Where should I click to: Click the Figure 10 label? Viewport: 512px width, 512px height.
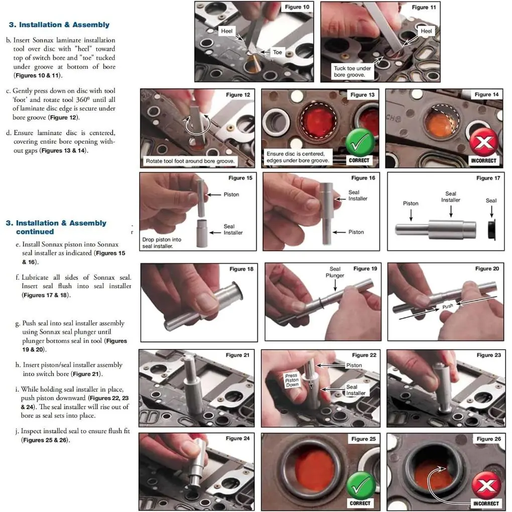[x=297, y=7]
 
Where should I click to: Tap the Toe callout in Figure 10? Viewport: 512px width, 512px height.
[x=277, y=52]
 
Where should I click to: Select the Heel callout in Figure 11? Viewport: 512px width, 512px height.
[x=426, y=31]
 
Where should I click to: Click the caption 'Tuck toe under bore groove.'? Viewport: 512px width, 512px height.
[x=352, y=71]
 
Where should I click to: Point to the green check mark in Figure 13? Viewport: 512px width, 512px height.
[x=360, y=143]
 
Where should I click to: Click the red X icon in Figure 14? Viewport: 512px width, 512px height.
[x=484, y=142]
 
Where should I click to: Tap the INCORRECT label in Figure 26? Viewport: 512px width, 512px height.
[x=486, y=503]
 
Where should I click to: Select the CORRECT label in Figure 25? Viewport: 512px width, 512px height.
[x=360, y=503]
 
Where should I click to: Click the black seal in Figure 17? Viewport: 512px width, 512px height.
[x=491, y=229]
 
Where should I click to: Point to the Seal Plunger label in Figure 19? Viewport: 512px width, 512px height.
[x=335, y=272]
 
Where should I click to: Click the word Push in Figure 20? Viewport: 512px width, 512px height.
[x=448, y=306]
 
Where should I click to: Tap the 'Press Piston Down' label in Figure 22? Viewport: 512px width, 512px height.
[x=292, y=380]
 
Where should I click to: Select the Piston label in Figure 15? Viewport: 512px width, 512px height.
[x=231, y=195]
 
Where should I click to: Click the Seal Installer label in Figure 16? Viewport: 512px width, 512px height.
[x=357, y=195]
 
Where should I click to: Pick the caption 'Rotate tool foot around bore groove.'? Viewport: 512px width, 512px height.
[x=190, y=161]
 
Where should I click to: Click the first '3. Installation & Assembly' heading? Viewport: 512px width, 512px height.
[x=59, y=25]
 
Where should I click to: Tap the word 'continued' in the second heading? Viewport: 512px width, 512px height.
[x=35, y=231]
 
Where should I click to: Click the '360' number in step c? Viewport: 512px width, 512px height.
[x=82, y=99]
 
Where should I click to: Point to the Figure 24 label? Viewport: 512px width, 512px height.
[x=237, y=438]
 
